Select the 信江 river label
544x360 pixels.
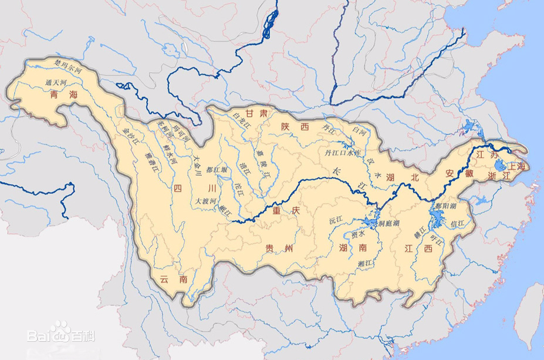point(457,223)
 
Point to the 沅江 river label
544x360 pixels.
point(336,221)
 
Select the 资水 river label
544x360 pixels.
point(356,234)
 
